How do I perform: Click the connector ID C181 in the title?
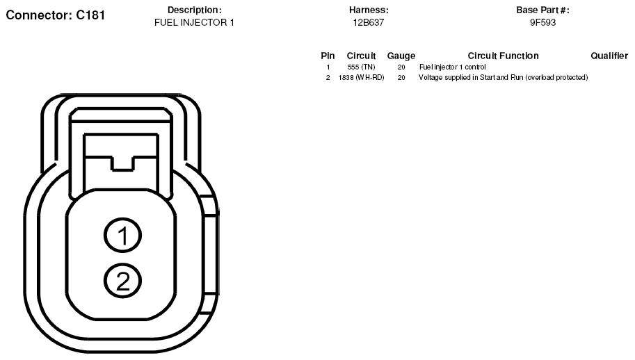(x=90, y=15)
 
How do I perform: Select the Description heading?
(x=194, y=10)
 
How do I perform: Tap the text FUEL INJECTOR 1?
(x=194, y=23)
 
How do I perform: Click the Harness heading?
(x=369, y=10)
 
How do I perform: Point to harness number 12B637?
(x=369, y=23)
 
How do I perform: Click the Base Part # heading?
(x=542, y=10)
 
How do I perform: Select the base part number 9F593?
(x=542, y=23)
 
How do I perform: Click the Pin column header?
(x=328, y=56)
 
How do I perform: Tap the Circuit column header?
(x=361, y=56)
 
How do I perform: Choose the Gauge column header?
(x=401, y=56)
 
